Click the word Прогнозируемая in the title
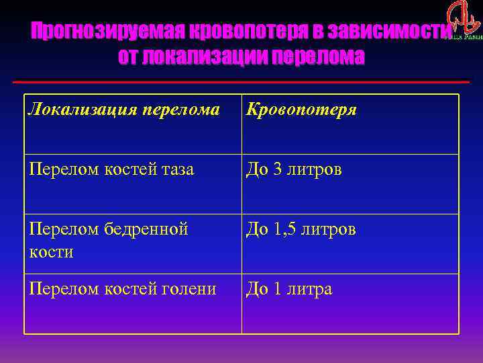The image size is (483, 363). (107, 31)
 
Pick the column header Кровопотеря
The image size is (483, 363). (301, 109)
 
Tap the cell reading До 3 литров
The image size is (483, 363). (294, 170)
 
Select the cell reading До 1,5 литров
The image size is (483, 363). (301, 230)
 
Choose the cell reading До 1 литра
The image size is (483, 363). (289, 289)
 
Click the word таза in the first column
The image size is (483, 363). (178, 170)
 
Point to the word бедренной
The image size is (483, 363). (147, 230)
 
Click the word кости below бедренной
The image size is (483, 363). (51, 251)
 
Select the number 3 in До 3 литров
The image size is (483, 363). (277, 170)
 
